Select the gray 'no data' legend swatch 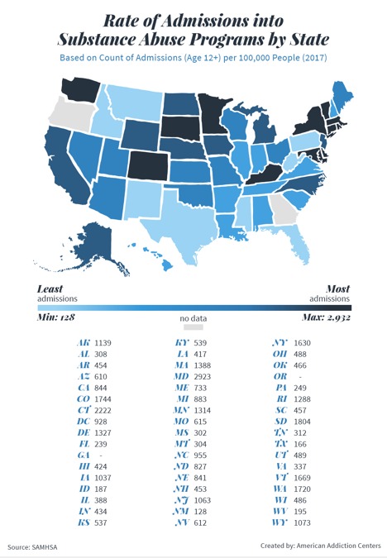[x=193, y=328]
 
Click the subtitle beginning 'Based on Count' [x=193, y=57]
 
